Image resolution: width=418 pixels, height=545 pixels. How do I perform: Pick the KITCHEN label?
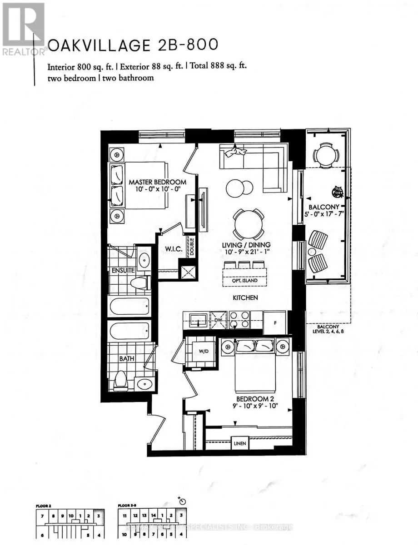point(246,298)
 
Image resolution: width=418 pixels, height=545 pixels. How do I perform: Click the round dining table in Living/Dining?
point(248,223)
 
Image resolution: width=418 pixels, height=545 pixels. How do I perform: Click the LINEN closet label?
point(239,441)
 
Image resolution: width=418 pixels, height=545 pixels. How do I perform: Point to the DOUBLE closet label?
point(192,248)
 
